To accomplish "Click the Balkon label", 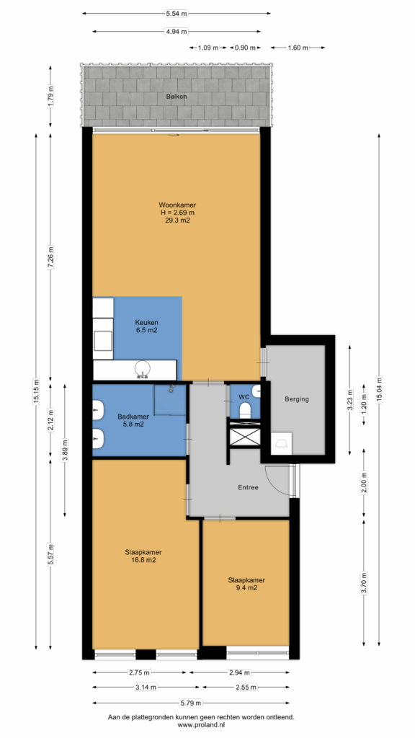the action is [176, 97].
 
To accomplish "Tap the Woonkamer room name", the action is [177, 205].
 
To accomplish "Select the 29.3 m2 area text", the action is [177, 220].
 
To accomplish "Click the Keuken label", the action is [146, 323].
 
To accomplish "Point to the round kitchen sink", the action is [143, 368].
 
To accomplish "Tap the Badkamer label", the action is [133, 417].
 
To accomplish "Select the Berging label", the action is [297, 399].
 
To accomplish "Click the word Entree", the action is [248, 488].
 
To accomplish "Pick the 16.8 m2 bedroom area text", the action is [140, 560].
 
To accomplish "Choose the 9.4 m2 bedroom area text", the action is [246, 587].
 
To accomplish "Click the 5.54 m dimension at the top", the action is [176, 14].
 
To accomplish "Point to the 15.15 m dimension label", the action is [37, 391].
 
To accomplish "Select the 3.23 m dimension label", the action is [349, 399].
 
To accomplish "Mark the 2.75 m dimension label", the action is [139, 672].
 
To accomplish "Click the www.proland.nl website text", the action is [201, 725].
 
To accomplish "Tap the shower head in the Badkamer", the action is [171, 388].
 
